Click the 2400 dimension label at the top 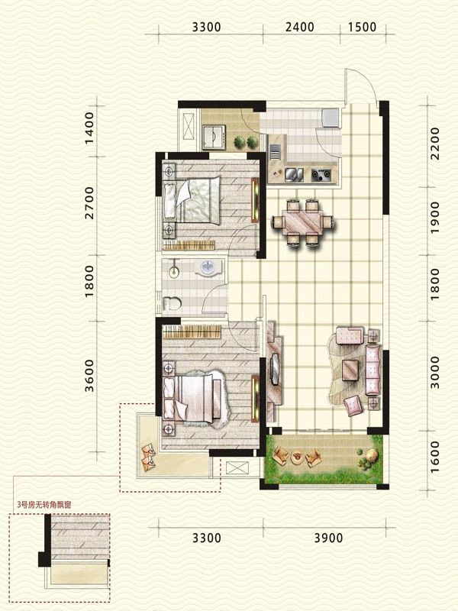299,27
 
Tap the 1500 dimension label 362,27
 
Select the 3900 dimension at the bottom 328,538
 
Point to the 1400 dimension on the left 89,128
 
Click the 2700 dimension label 89,203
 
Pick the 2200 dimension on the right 434,144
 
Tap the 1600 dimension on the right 434,457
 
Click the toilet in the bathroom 172,303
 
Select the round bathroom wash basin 208,268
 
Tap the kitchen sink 294,174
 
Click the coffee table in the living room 350,370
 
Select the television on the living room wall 276,369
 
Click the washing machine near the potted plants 214,137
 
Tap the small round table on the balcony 297,456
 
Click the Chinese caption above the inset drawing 44,505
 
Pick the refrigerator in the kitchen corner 331,118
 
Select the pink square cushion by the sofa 353,405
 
